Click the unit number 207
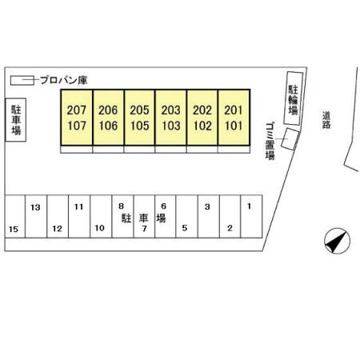click(77, 110)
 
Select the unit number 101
click(234, 126)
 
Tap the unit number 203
click(170, 110)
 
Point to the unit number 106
click(108, 126)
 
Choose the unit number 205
click(139, 110)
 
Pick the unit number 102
click(202, 126)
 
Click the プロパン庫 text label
click(64, 80)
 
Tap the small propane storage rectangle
click(22, 81)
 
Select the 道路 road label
click(326, 120)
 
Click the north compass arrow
click(337, 241)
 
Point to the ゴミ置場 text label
click(270, 141)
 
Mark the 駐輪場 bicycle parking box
click(293, 98)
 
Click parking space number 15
click(14, 229)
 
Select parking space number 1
click(249, 206)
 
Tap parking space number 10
click(99, 228)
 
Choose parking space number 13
click(35, 207)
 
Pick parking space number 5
click(185, 228)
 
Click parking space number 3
click(207, 206)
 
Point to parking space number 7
click(144, 229)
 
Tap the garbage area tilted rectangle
click(290, 139)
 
